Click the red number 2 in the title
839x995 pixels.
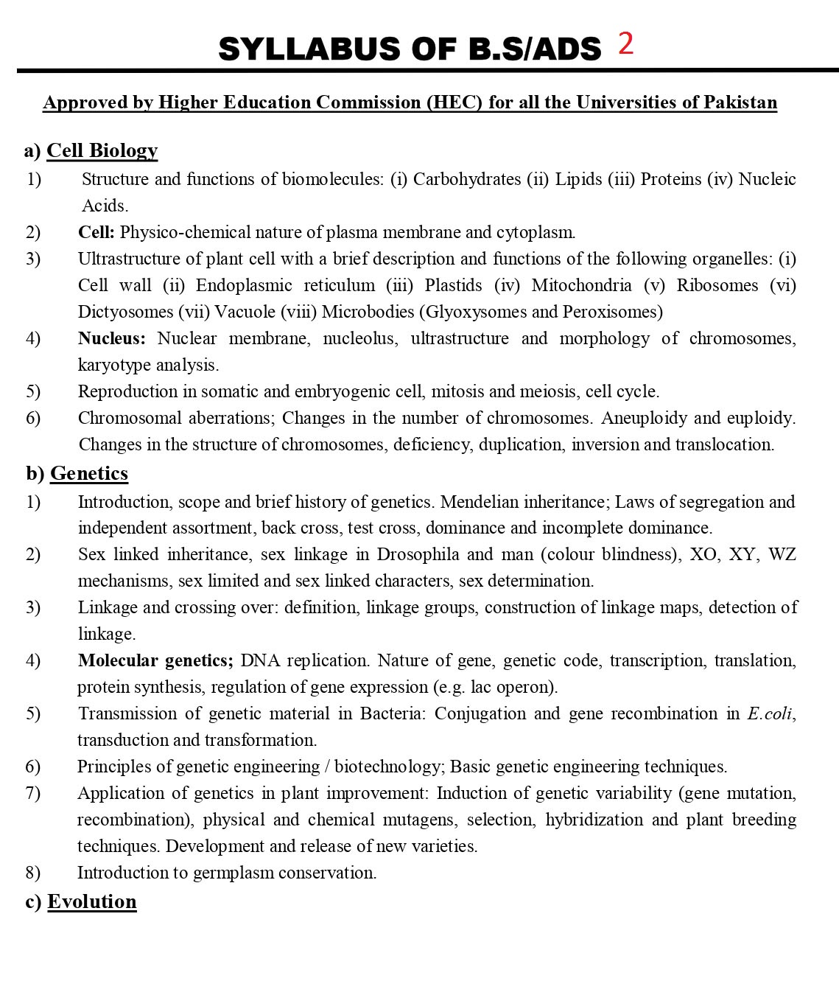click(625, 44)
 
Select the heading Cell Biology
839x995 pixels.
click(102, 150)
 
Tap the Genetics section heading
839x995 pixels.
click(89, 473)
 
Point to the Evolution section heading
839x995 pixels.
click(92, 901)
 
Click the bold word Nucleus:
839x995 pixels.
click(111, 338)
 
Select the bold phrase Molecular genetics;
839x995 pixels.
click(155, 660)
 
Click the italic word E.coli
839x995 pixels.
click(770, 713)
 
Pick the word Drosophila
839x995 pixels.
click(418, 554)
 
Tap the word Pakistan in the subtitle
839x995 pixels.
click(740, 102)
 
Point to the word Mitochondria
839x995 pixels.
click(581, 285)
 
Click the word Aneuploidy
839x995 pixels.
click(644, 418)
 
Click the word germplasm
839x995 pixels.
click(233, 873)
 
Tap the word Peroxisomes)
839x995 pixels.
click(612, 312)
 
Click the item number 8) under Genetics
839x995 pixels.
click(33, 873)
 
